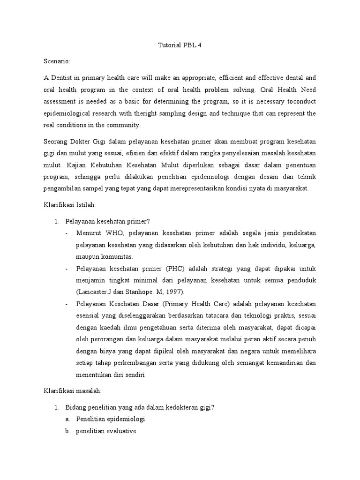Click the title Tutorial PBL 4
pyautogui.click(x=180, y=45)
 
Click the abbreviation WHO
pyautogui.click(x=109, y=233)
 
